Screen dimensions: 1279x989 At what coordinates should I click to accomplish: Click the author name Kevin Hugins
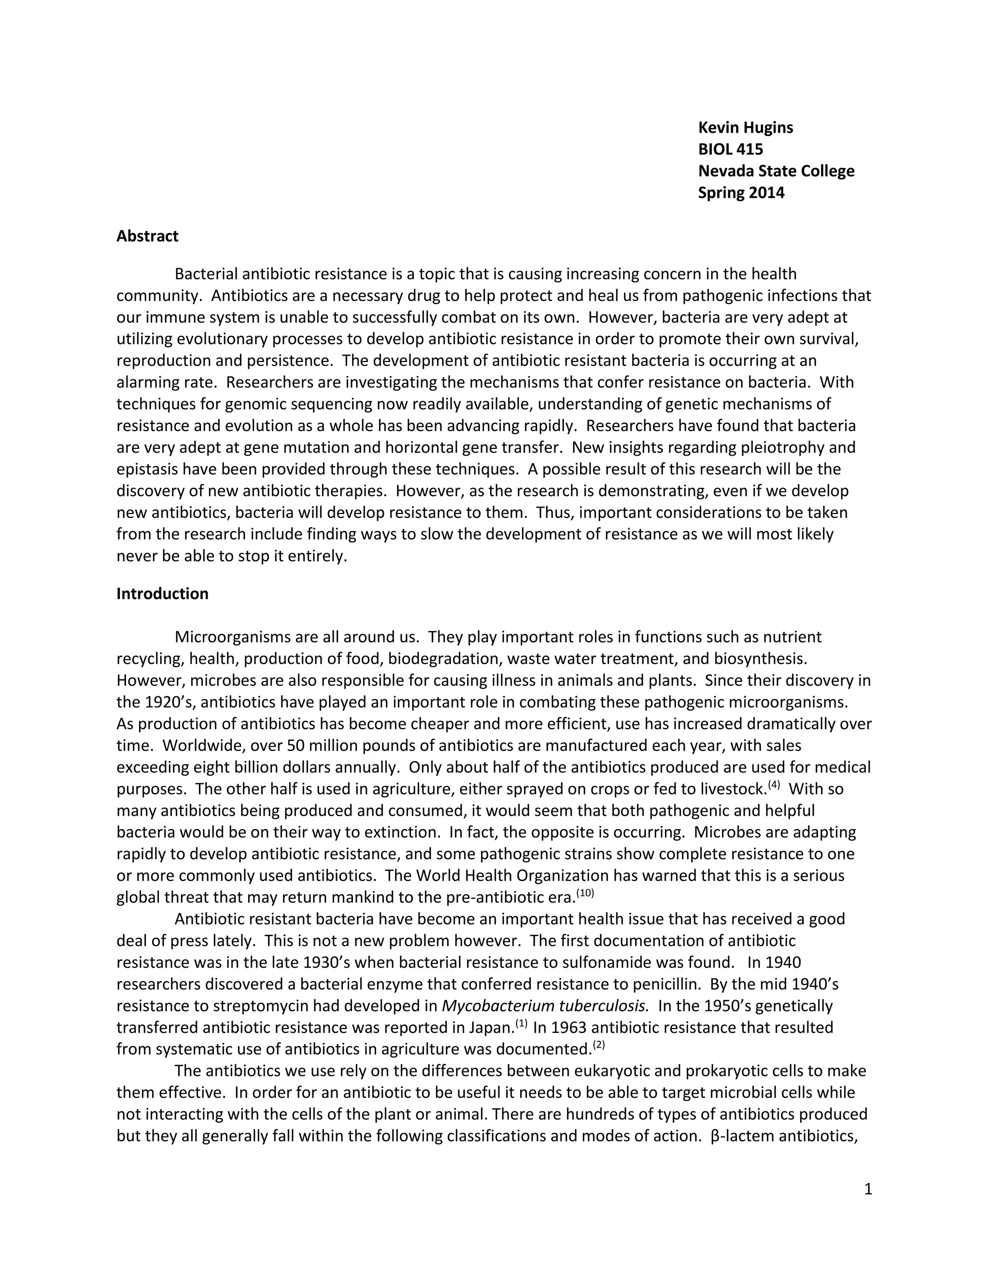(x=745, y=128)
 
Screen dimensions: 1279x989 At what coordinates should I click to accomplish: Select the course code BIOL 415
(x=730, y=149)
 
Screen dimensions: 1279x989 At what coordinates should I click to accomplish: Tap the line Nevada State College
(x=776, y=171)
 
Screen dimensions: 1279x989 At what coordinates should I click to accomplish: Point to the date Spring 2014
(x=741, y=193)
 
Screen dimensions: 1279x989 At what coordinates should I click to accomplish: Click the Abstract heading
(x=147, y=236)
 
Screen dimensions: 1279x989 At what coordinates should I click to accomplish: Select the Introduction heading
(x=162, y=594)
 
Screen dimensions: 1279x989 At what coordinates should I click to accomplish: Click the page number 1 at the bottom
(x=868, y=1189)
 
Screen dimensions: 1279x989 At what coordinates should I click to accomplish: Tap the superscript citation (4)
(x=774, y=785)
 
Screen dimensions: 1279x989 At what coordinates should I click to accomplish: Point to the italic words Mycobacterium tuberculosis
(x=545, y=1006)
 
